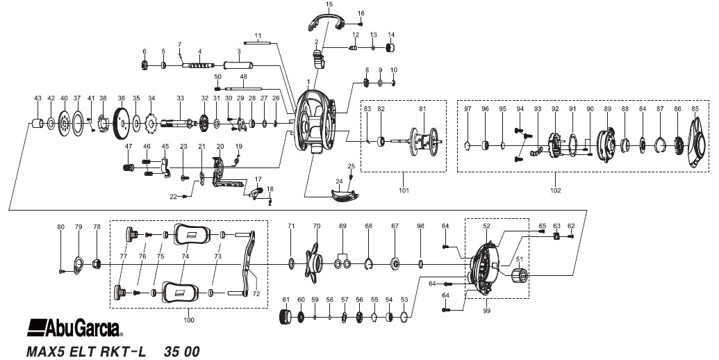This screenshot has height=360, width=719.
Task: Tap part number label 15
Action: pos(329,5)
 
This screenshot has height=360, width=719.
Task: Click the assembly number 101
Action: pos(404,190)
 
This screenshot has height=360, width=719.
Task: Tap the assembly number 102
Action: pos(555,190)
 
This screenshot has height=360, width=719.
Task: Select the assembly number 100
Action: pos(188,320)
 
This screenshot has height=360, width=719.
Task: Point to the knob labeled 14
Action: pos(390,47)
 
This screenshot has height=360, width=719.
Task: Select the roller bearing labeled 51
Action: pos(519,275)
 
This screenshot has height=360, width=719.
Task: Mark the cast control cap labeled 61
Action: pos(286,317)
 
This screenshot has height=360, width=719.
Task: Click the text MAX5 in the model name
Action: pos(47,352)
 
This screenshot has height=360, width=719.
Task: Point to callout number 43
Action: pos(38,98)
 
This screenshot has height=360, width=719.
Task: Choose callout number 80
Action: pos(60,227)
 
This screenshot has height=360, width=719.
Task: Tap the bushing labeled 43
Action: pos(37,124)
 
